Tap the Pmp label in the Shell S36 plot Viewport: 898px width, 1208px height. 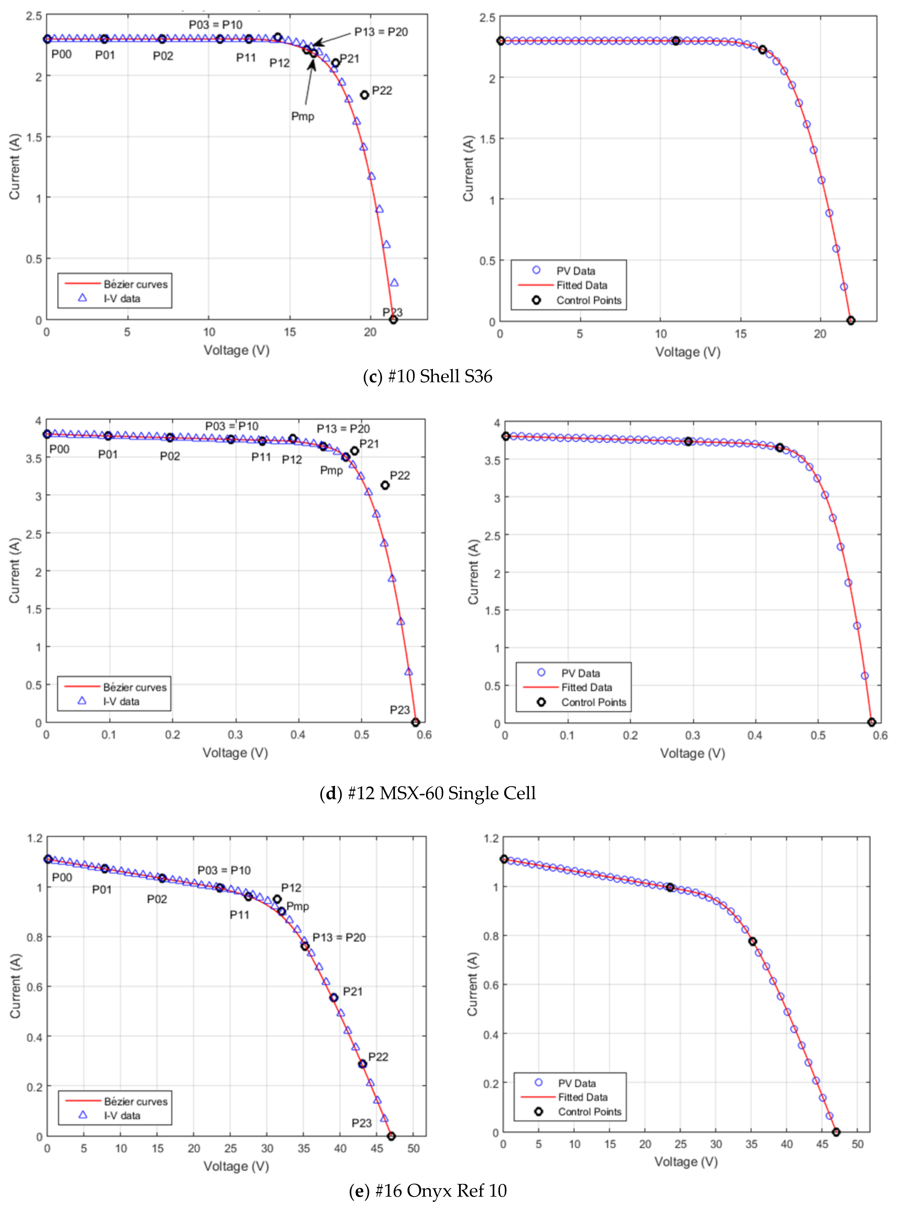303,116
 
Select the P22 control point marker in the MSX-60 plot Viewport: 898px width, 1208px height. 385,485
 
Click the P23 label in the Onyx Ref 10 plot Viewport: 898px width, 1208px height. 361,1123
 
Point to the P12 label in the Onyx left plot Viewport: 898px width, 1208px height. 291,887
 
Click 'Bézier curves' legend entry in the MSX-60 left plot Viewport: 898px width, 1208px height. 135,687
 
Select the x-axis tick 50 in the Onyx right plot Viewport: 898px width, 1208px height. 857,1144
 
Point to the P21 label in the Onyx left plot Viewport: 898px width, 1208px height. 352,991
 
